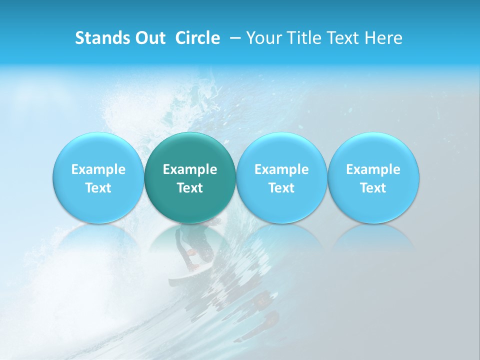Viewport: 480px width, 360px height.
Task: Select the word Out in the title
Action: click(148, 38)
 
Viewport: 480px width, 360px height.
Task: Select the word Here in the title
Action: click(383, 38)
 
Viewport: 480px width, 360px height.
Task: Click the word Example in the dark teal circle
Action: click(190, 169)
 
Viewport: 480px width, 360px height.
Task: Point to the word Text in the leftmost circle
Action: click(98, 188)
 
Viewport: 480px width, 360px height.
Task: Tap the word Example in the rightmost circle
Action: click(373, 169)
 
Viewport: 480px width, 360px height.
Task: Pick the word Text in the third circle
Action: click(281, 188)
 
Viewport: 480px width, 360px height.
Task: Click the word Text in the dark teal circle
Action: click(190, 188)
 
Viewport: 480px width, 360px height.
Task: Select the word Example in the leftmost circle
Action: click(98, 169)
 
